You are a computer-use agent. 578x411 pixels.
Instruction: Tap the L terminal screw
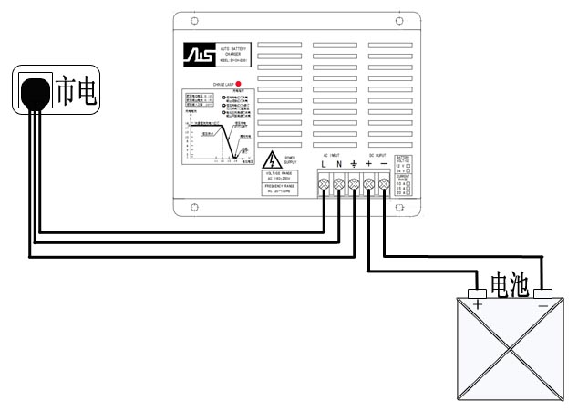point(324,185)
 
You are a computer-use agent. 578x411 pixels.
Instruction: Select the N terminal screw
point(339,185)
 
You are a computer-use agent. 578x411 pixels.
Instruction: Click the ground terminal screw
point(354,185)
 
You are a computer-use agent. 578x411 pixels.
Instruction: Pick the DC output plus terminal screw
point(368,185)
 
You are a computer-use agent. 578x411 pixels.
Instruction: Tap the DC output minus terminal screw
point(383,185)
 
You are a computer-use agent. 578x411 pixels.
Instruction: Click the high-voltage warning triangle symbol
point(272,161)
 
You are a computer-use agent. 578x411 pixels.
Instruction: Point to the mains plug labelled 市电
point(34,91)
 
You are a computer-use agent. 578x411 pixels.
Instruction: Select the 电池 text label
point(509,284)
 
